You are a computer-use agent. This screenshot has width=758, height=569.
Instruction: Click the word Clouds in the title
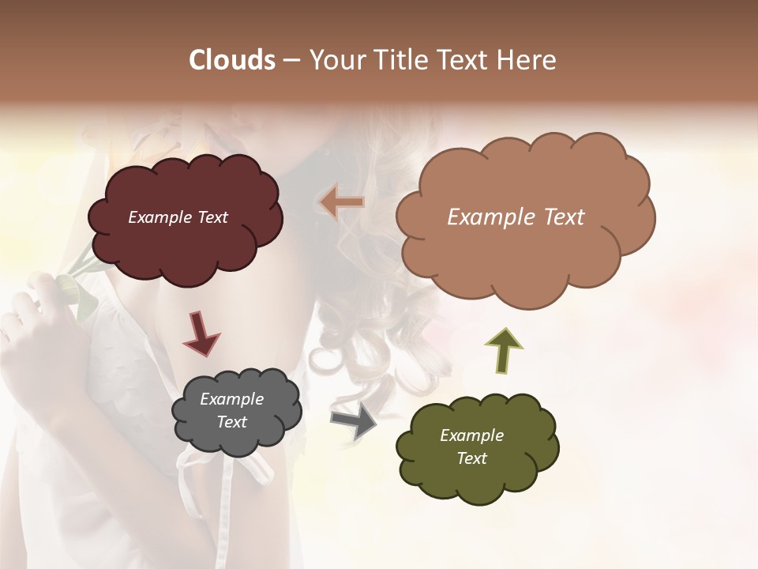coord(232,60)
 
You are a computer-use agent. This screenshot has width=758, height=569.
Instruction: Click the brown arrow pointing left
coord(342,203)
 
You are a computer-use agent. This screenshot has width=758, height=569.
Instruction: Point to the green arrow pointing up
coord(504,351)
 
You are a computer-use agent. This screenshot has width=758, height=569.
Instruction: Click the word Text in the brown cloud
coord(557,217)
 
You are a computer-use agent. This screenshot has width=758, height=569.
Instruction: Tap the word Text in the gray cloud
coord(231,422)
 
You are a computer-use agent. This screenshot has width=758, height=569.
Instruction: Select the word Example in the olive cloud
coord(471,435)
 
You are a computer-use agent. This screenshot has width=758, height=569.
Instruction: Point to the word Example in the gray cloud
coord(231,399)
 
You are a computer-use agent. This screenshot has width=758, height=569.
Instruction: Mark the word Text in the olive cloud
coord(471,458)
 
